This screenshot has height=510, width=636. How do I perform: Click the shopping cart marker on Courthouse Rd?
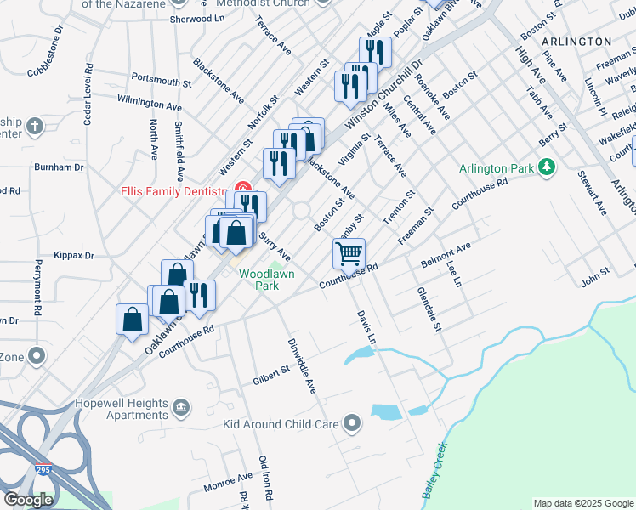coord(349,253)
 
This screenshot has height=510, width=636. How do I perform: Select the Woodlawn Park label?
coord(266,279)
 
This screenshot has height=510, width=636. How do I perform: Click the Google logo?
coord(28,500)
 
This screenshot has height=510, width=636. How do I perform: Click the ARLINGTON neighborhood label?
coord(577,41)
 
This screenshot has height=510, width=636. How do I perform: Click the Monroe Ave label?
coord(228,483)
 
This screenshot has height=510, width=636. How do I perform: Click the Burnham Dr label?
coord(59,167)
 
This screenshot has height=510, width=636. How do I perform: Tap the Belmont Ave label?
coord(446,255)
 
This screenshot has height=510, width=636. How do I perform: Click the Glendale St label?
coord(430,309)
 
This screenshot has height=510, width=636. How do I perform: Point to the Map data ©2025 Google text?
coord(583,503)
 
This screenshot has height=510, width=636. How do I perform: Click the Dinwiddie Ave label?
coord(300,366)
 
